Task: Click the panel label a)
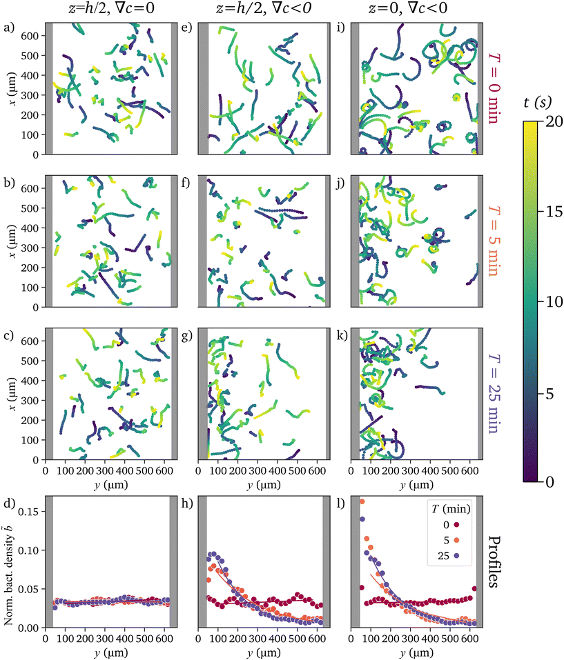point(8,28)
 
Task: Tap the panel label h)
point(187,503)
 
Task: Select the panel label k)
point(342,335)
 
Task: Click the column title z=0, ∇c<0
point(408,8)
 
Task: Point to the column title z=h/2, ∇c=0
point(111,8)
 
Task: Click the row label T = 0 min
point(493,88)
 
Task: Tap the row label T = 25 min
point(493,394)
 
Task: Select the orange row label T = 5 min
point(493,241)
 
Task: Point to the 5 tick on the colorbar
point(548,394)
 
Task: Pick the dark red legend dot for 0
point(456,525)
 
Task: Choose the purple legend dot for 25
point(456,556)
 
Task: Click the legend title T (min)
point(451,509)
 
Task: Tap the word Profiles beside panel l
point(493,562)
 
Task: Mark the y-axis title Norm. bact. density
point(8,562)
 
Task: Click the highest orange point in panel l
point(362,501)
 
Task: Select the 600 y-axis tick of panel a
point(30,36)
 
